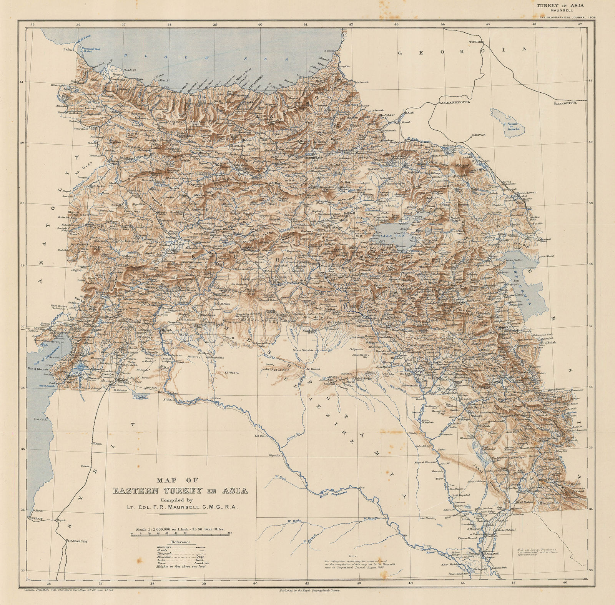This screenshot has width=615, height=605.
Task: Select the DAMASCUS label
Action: point(77,541)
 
